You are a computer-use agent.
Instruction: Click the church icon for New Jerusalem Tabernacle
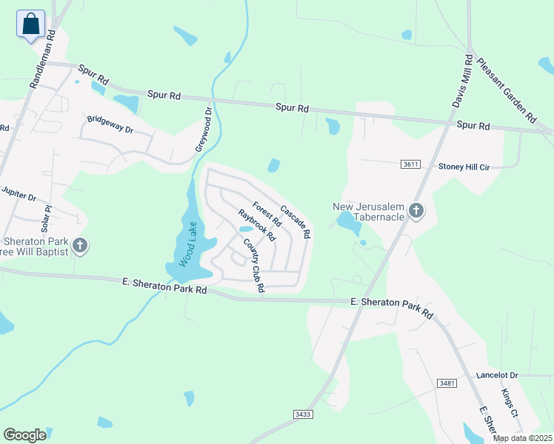(416, 212)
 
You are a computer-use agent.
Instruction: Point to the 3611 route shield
(411, 164)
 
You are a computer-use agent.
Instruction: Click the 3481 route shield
(447, 383)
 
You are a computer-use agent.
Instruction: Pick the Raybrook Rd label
(256, 226)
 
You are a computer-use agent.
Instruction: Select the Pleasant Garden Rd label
(507, 90)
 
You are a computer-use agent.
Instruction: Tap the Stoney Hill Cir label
(464, 166)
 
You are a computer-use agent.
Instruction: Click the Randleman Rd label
(41, 60)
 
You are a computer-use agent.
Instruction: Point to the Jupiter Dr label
(19, 194)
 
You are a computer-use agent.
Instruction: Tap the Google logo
(24, 435)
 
